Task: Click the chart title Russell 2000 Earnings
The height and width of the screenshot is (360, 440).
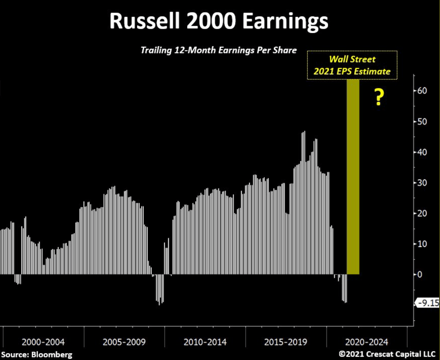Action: (x=219, y=21)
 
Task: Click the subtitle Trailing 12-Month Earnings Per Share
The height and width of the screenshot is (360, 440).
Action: (x=219, y=50)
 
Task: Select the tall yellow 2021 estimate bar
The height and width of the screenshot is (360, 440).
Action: (x=353, y=177)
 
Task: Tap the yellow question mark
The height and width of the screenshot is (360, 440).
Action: (x=379, y=97)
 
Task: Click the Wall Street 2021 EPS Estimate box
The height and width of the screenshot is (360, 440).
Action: (x=352, y=65)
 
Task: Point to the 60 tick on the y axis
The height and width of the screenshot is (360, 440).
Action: (x=422, y=91)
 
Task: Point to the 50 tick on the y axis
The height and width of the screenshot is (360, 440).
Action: (x=422, y=121)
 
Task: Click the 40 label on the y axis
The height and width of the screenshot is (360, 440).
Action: (x=422, y=152)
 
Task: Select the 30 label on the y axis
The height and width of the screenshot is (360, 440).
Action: (x=422, y=183)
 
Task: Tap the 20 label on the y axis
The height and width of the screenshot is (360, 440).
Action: (x=422, y=213)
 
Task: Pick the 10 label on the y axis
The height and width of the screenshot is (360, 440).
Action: (x=422, y=244)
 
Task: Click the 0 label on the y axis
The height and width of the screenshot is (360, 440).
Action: (x=420, y=274)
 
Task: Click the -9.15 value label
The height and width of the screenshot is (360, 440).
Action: (x=427, y=303)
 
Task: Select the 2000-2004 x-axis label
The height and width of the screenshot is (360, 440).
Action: (x=43, y=342)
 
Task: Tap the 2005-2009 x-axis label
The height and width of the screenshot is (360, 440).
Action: (x=124, y=342)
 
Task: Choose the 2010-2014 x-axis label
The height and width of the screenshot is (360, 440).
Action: (x=205, y=342)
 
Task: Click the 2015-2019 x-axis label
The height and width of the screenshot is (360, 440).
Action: (x=286, y=342)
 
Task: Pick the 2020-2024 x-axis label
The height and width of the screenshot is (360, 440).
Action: (x=367, y=342)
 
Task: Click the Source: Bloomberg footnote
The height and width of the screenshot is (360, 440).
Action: (x=37, y=355)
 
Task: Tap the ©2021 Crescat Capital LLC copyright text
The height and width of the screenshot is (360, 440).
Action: (x=387, y=354)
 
